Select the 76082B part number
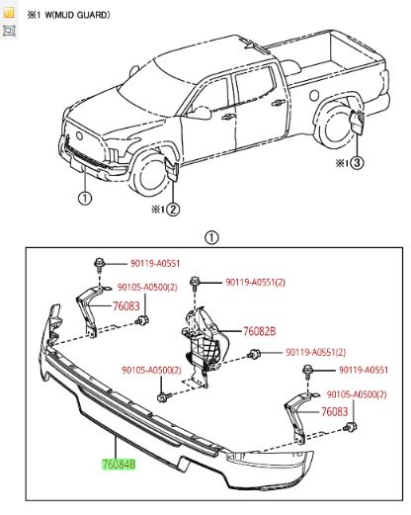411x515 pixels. (259, 332)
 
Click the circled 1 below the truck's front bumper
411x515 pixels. (84, 198)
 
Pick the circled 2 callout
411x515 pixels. (172, 209)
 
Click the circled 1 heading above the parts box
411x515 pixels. (209, 237)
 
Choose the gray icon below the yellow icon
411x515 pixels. (9, 32)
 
